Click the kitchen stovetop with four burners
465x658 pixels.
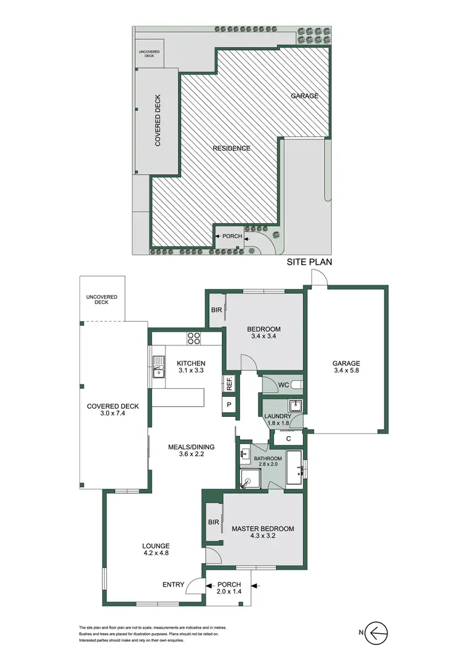coord(193,339)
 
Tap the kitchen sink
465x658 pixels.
coord(159,368)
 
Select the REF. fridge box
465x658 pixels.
coord(228,383)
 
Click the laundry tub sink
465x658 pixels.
coord(296,406)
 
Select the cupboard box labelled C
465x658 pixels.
coord(289,438)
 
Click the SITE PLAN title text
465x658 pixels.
coord(309,262)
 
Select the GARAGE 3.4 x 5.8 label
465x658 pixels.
coord(346,368)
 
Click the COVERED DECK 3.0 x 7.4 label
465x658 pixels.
coord(113,411)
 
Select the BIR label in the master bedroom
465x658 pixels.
coord(213,523)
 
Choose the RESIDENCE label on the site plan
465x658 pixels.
coord(231,148)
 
